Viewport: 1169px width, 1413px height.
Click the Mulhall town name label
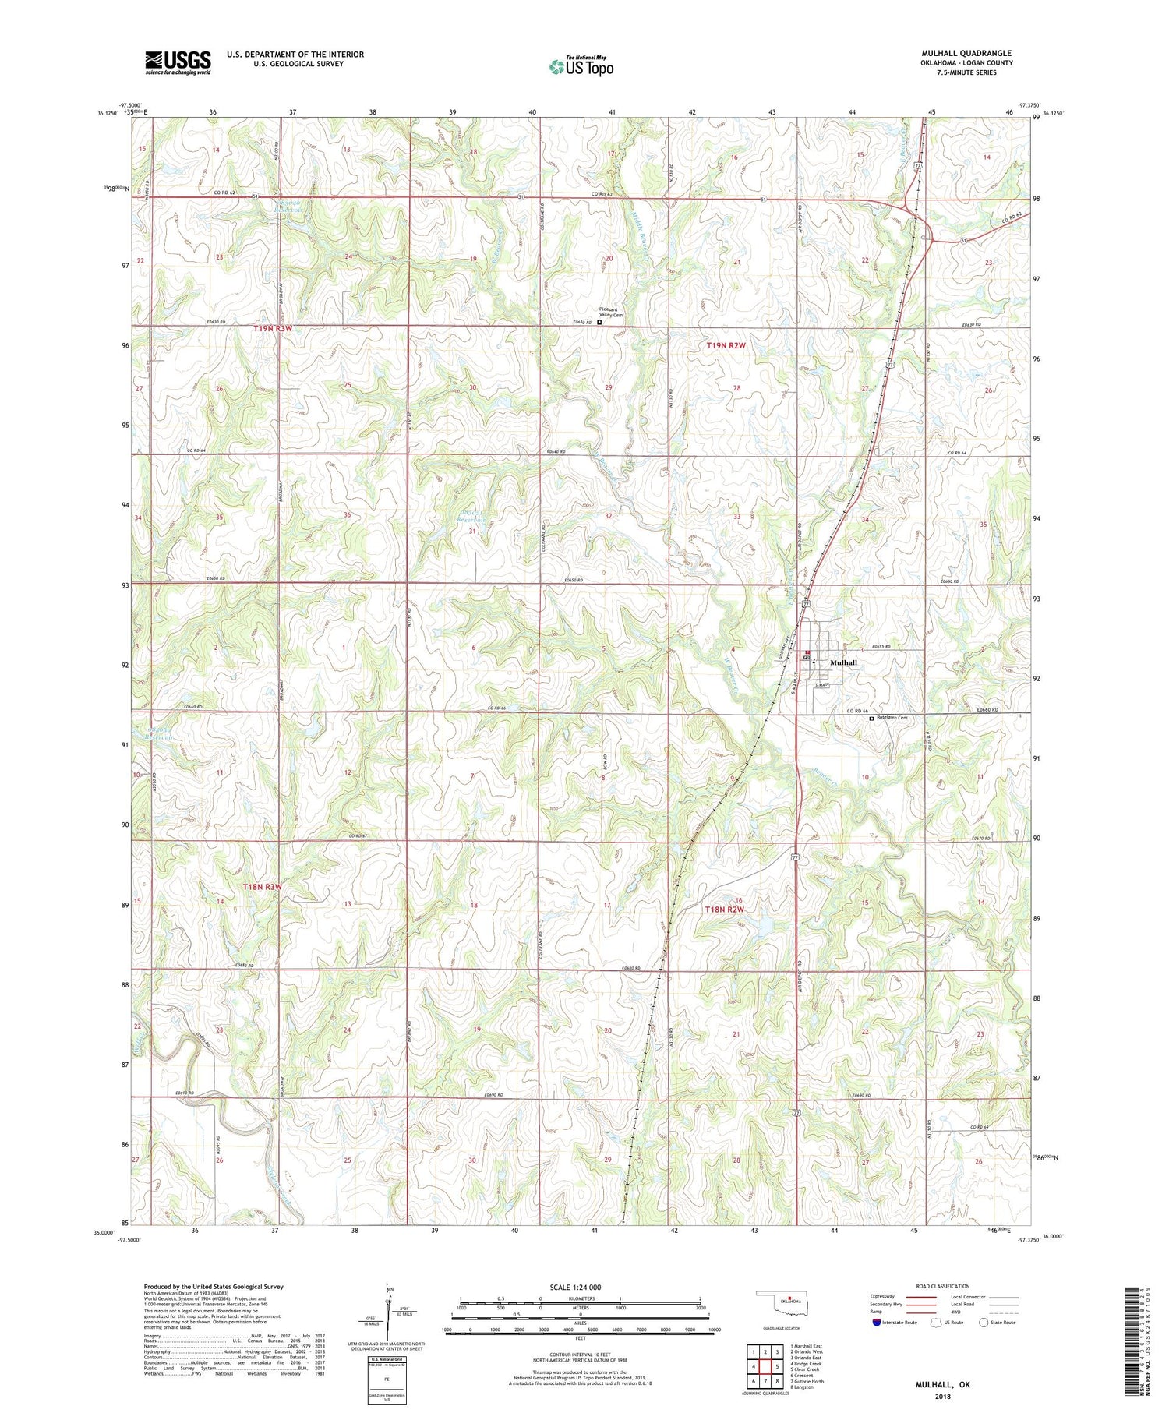843,662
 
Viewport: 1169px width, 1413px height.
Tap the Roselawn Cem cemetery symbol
871,719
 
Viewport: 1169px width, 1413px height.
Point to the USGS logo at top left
178,62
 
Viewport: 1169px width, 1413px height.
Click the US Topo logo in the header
581,67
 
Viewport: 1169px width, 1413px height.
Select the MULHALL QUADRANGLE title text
966,54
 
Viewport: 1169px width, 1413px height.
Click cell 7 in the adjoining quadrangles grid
765,1381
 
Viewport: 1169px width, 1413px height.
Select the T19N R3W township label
273,329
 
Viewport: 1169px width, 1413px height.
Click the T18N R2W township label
725,910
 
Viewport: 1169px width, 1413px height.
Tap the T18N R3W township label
262,887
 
